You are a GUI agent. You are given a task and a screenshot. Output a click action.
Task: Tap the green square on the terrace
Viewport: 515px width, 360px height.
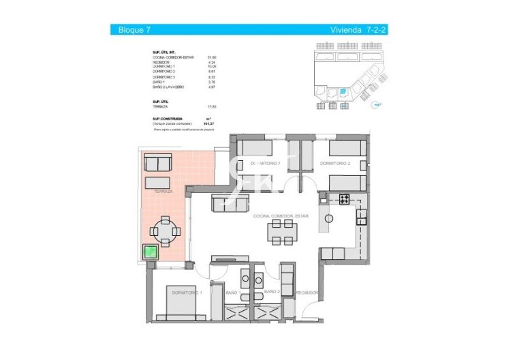point(150,252)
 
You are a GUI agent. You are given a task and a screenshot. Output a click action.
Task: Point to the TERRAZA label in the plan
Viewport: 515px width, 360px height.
point(163,192)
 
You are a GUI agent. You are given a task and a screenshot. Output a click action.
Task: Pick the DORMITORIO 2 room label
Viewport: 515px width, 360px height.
point(334,164)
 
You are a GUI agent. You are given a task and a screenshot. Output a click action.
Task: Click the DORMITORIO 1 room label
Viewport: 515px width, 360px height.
point(187,292)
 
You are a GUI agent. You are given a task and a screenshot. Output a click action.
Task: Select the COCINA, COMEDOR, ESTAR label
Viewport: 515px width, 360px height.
point(281,215)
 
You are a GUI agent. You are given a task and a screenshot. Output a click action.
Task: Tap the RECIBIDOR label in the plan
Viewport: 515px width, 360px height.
point(305,292)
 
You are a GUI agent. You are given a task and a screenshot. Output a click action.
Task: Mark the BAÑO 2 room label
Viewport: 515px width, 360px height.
point(272,292)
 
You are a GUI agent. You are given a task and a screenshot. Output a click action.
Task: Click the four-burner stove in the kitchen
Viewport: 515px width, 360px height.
point(345,200)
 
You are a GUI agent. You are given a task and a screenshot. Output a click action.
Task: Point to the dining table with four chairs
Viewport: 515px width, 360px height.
point(281,232)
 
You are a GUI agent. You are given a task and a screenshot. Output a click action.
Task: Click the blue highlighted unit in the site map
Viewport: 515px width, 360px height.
point(343,91)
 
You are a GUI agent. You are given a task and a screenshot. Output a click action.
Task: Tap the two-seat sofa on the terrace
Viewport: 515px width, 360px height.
point(158,164)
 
